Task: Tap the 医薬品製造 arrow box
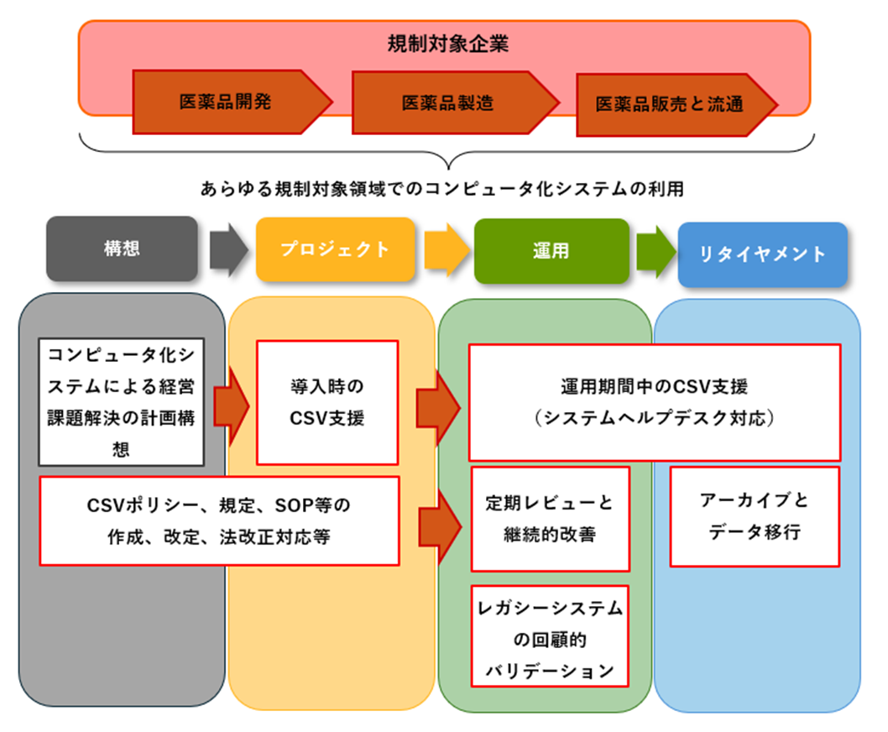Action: coord(447,102)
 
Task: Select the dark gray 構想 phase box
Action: coord(123,249)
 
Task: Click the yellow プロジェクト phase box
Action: coord(335,249)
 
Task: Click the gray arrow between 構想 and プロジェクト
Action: coord(227,250)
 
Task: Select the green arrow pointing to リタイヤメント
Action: coord(656,250)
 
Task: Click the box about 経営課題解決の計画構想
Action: coord(122,402)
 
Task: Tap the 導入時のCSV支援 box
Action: coord(327,402)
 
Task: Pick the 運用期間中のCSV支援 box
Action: coord(655,402)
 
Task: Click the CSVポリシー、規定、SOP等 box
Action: coord(218,520)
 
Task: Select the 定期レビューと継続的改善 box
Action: coord(550,519)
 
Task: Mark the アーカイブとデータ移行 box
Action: coord(755,516)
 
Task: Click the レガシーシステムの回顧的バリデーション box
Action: coord(550,636)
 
